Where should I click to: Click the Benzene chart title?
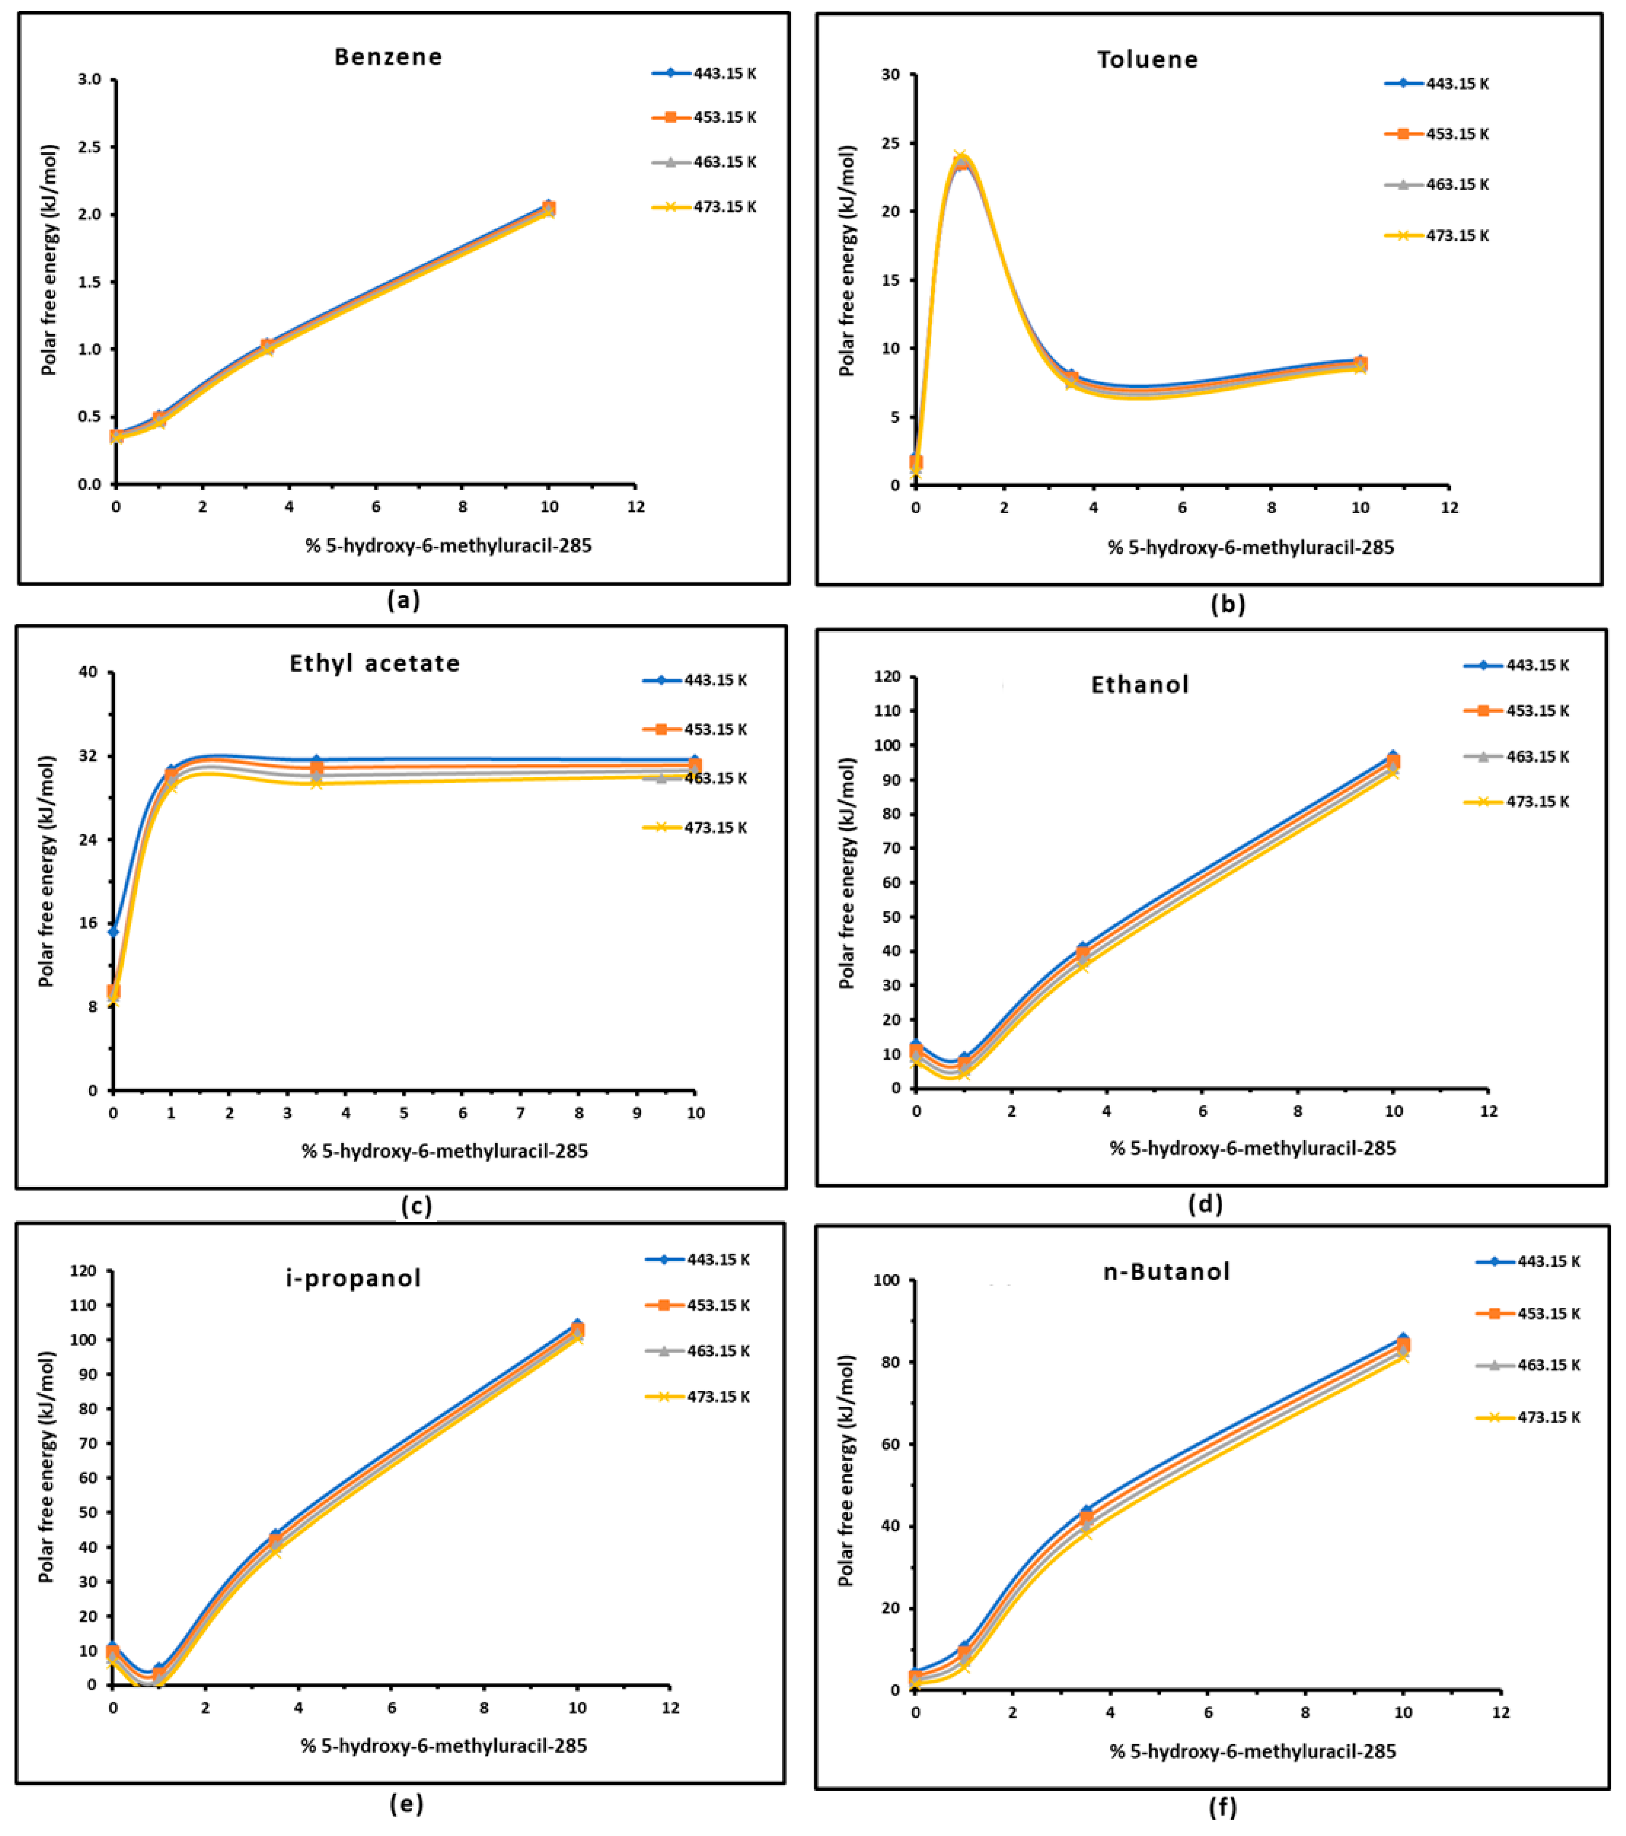[x=388, y=56]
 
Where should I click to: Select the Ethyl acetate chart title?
[x=375, y=663]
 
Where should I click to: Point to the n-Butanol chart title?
[x=1166, y=1271]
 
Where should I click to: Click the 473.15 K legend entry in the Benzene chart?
[x=705, y=207]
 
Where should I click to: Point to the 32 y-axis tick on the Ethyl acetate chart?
[x=88, y=756]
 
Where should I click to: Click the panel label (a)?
[x=403, y=600]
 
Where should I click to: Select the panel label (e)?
[x=406, y=1804]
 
